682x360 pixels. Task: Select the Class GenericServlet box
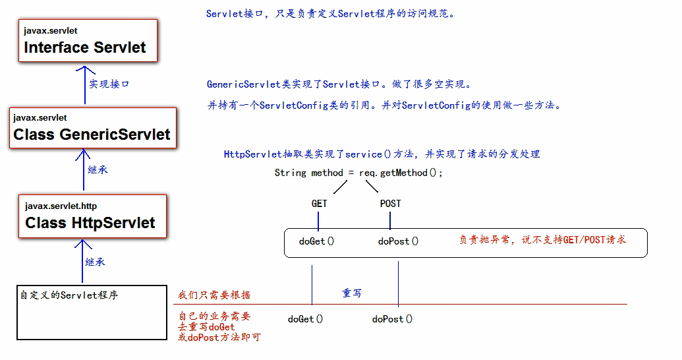pos(92,128)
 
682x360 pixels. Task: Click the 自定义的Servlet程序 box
pos(91,313)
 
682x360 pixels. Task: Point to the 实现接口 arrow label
pos(109,84)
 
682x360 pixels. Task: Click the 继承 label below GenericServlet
pos(98,169)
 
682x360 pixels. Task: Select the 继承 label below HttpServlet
pos(95,262)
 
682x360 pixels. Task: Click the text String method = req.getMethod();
pos(358,173)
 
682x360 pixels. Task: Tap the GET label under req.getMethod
pos(319,204)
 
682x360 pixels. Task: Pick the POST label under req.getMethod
pos(390,204)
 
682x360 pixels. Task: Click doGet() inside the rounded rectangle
pos(316,241)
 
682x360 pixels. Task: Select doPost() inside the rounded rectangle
pos(398,241)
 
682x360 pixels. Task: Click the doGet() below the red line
pos(305,319)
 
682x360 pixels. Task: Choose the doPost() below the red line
pos(392,319)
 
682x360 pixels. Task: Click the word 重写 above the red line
pos(351,293)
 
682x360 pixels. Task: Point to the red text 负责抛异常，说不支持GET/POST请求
pos(542,240)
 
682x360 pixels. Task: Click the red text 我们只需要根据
pos(214,295)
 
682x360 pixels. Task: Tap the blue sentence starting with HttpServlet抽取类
pos(382,154)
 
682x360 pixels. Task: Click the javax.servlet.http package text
pos(61,206)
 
